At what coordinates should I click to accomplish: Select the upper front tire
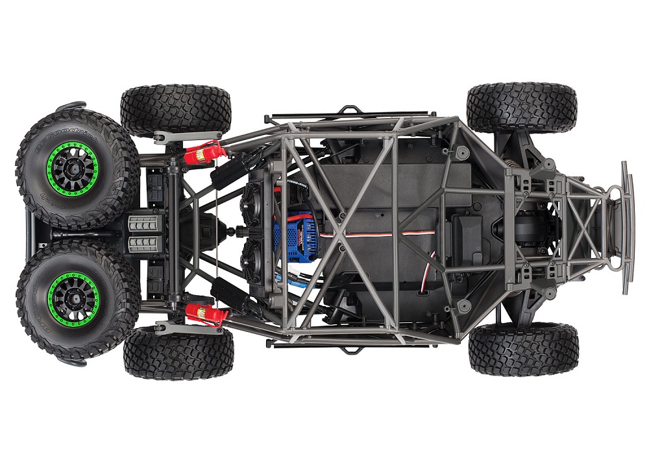(x=522, y=108)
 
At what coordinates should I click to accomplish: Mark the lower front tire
(x=523, y=348)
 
